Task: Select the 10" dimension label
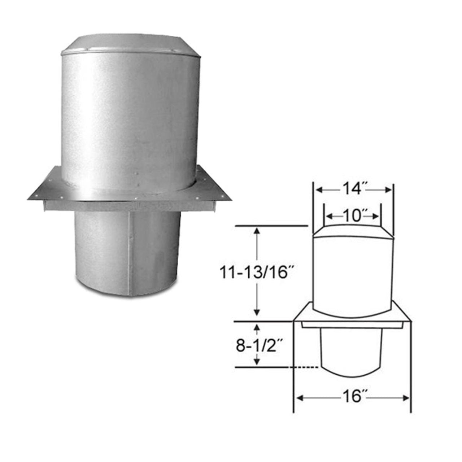[352, 216]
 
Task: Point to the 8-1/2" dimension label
[258, 346]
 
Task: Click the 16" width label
[352, 397]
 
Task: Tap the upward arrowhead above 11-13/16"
[257, 231]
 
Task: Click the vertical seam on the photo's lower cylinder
[129, 253]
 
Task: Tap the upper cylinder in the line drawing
[352, 274]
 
